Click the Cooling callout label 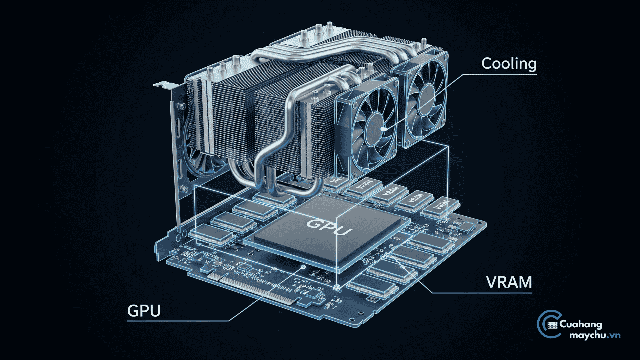click(x=509, y=63)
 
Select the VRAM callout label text click(x=509, y=282)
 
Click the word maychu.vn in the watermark click(x=595, y=335)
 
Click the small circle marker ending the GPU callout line click(x=303, y=267)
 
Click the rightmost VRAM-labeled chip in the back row click(x=440, y=207)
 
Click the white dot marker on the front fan click(x=383, y=128)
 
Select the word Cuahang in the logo click(x=581, y=324)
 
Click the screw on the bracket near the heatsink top click(x=182, y=106)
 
